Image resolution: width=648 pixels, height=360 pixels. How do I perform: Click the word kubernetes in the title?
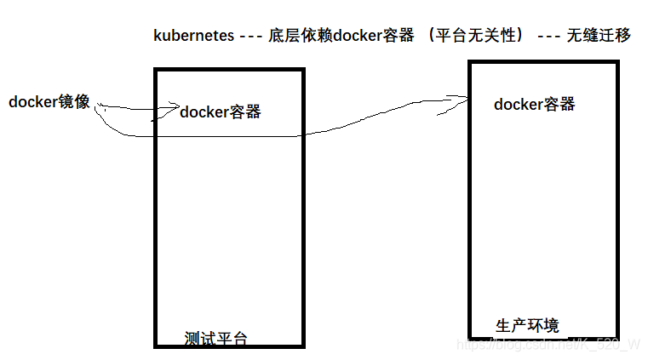[x=193, y=36]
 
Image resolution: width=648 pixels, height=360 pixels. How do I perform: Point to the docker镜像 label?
[x=49, y=102]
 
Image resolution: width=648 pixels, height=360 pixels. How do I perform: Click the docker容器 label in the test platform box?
[x=221, y=112]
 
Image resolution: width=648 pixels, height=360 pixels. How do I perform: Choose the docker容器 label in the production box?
[x=535, y=105]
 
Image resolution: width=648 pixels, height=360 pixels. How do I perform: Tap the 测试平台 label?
[x=216, y=338]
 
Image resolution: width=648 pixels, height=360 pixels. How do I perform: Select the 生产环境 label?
[x=528, y=325]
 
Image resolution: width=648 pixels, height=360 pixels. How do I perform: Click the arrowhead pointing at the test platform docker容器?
[x=175, y=106]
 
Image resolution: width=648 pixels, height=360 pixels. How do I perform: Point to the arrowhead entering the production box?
[x=465, y=100]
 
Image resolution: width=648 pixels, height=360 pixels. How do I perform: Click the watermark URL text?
[x=548, y=344]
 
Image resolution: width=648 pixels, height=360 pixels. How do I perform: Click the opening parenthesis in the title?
[x=432, y=36]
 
